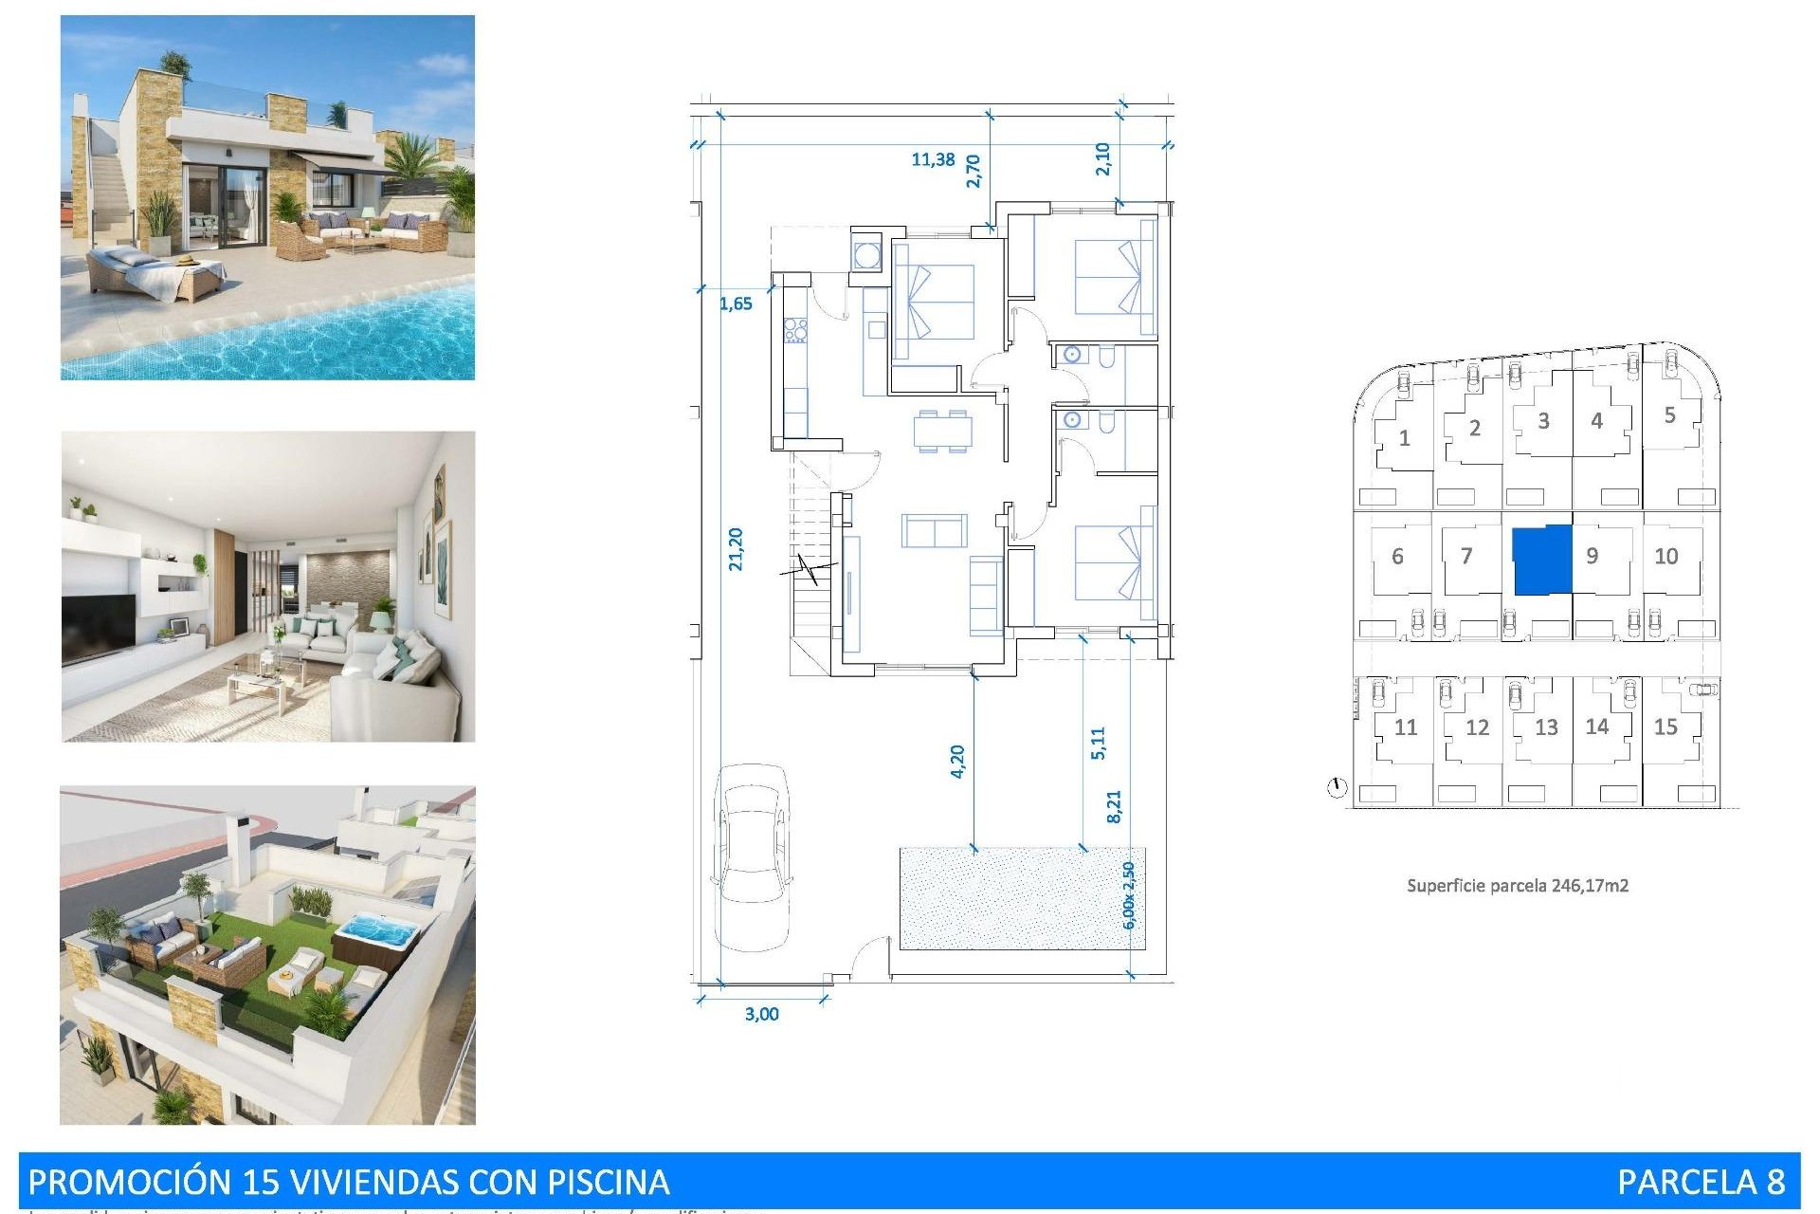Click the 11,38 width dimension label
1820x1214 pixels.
(x=933, y=159)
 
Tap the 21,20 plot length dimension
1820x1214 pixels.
(x=736, y=549)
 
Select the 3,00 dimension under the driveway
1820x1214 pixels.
(x=761, y=1014)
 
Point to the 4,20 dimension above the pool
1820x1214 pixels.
(x=956, y=762)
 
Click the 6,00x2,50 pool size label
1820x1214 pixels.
(x=1128, y=895)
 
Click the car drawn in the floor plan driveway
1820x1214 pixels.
(x=752, y=856)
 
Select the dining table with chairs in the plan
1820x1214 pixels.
(x=942, y=432)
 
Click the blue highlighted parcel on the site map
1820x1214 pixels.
(x=1541, y=561)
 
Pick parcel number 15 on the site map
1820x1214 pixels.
(x=1665, y=727)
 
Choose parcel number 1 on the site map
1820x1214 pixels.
(x=1404, y=439)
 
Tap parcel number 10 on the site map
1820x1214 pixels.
(x=1665, y=557)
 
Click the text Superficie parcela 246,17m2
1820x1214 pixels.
(x=1517, y=886)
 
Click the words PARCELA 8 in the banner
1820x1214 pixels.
(x=1701, y=1182)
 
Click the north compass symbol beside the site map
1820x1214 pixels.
(x=1337, y=788)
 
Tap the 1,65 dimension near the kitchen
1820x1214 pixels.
(x=736, y=303)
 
